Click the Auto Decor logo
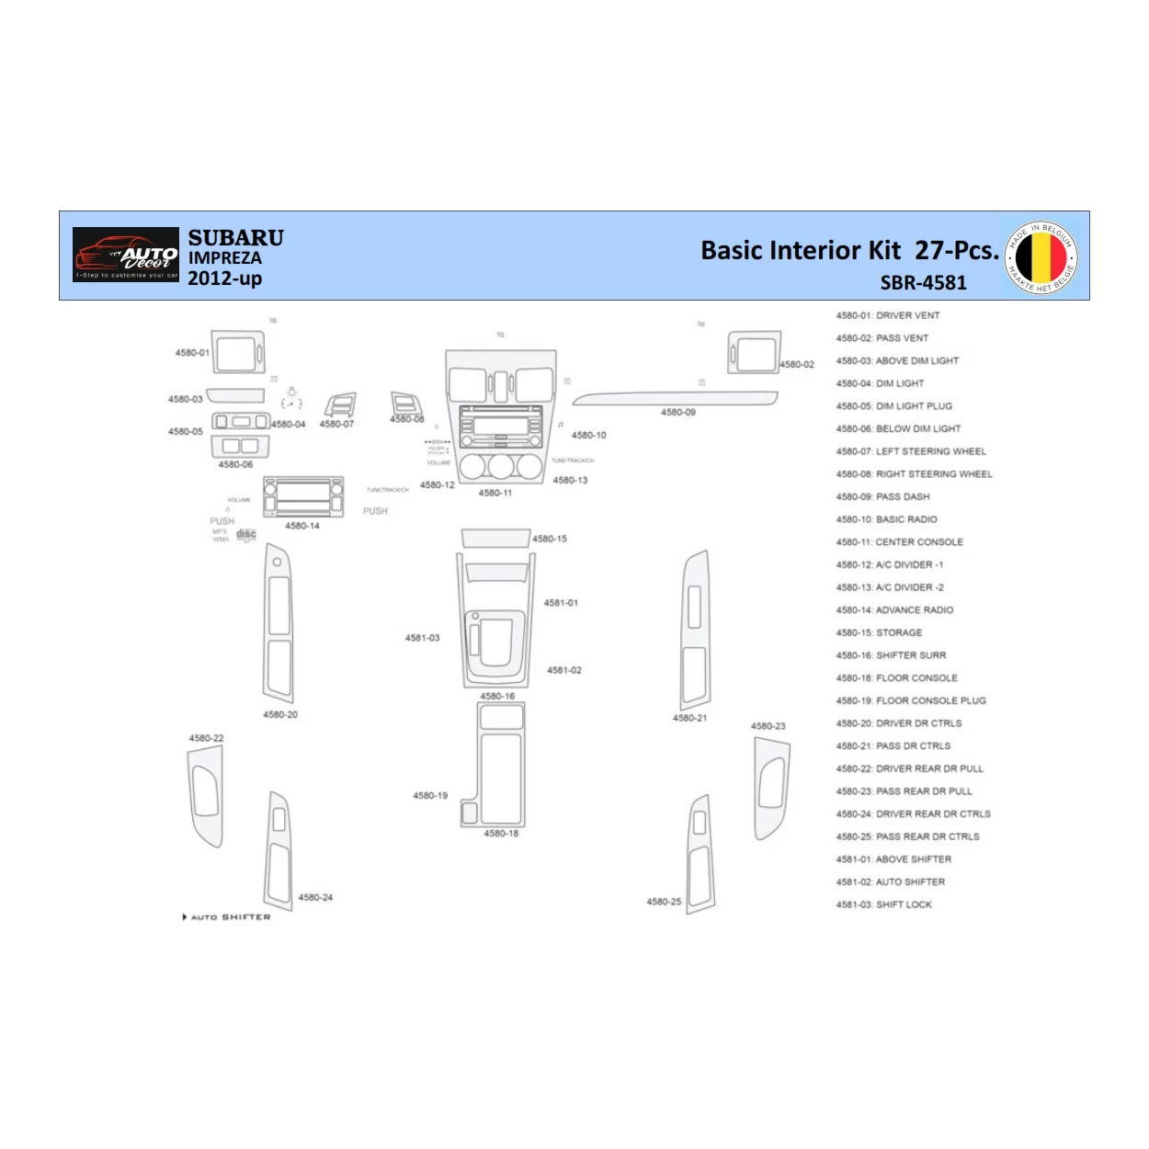pos(126,255)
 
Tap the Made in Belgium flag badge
pos(1041,257)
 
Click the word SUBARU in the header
pos(235,237)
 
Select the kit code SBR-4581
pos(923,283)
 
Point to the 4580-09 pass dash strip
pos(675,399)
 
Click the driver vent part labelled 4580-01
pos(238,353)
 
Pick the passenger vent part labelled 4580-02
pos(754,352)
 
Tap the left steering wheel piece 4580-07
pos(340,405)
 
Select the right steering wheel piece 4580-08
pos(406,404)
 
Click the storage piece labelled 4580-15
pos(495,538)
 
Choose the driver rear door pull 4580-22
pos(205,795)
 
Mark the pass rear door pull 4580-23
pos(771,788)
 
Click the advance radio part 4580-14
pos(303,497)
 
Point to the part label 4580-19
pos(430,796)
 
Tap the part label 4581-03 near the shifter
pos(422,638)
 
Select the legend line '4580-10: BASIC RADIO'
pos(886,519)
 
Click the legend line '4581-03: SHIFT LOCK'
pos(883,904)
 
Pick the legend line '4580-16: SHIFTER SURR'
pos(891,655)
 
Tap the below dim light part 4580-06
pos(241,446)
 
